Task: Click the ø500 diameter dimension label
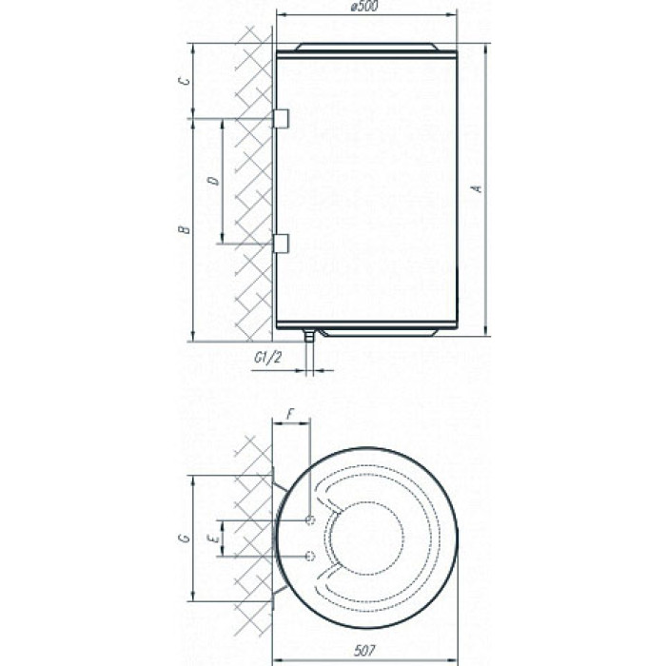(364, 7)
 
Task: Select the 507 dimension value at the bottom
(364, 651)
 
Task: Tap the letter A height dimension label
(479, 188)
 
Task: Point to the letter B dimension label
(185, 230)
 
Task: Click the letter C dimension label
(185, 81)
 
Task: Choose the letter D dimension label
(214, 181)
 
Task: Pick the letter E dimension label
(215, 539)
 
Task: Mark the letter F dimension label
(290, 414)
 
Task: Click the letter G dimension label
(185, 539)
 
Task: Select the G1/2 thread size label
(267, 358)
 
